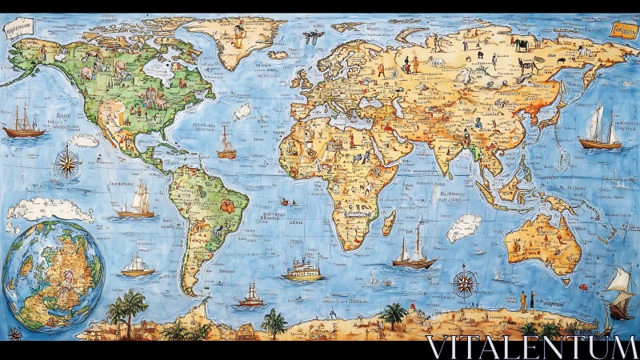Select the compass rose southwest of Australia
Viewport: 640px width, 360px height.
coord(465,282)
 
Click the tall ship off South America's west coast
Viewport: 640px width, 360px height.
coord(138,201)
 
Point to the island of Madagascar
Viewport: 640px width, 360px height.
coord(389,222)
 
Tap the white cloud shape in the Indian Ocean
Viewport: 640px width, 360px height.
coord(463,228)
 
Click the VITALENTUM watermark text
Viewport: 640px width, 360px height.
coord(531,347)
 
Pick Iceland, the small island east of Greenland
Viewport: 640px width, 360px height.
coord(279,55)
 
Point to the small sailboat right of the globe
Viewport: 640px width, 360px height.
coord(138,266)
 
